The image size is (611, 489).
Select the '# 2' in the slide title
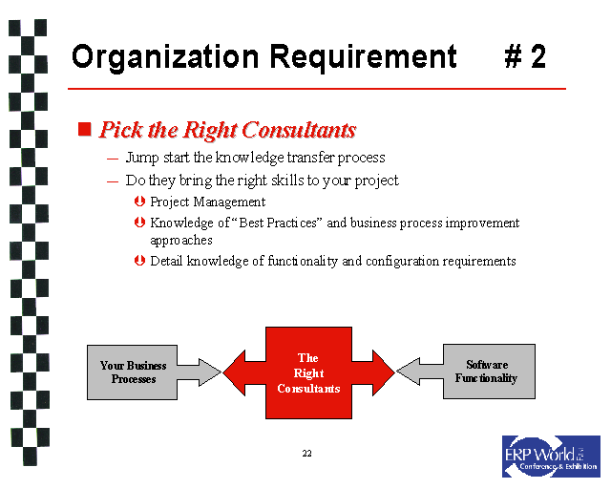point(525,57)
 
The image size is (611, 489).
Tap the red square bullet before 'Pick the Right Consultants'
point(84,129)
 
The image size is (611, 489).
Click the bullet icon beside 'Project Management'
point(140,202)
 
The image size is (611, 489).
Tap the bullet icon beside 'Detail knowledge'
point(140,261)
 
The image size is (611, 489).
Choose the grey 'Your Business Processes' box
point(133,372)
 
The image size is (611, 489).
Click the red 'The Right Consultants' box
point(308,372)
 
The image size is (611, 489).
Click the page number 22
point(306,452)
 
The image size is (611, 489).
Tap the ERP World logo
point(551,456)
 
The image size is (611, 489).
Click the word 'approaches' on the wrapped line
point(181,241)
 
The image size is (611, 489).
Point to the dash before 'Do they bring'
point(113,181)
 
